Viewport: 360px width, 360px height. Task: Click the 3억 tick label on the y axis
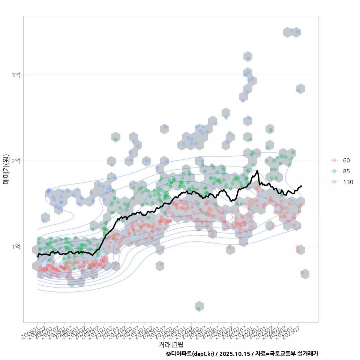tap(16, 75)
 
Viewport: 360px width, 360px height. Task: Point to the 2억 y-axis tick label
tap(16, 161)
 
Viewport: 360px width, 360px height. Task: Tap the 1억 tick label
tap(16, 247)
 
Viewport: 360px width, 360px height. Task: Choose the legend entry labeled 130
tap(348, 182)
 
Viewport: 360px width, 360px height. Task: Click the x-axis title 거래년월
tap(171, 344)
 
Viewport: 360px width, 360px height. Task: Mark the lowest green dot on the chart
tap(198, 309)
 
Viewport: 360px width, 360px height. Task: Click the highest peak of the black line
tap(257, 171)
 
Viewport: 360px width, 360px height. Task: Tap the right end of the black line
tap(301, 186)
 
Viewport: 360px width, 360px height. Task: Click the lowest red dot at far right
tap(302, 273)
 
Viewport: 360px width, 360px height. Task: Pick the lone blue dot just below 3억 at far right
tap(298, 90)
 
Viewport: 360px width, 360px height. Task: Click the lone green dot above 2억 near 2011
tap(115, 139)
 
